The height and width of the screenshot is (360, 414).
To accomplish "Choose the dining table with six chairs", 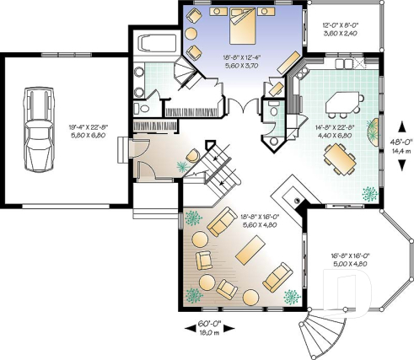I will (x=339, y=156).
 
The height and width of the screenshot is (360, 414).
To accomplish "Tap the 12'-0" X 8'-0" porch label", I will (x=338, y=24).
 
